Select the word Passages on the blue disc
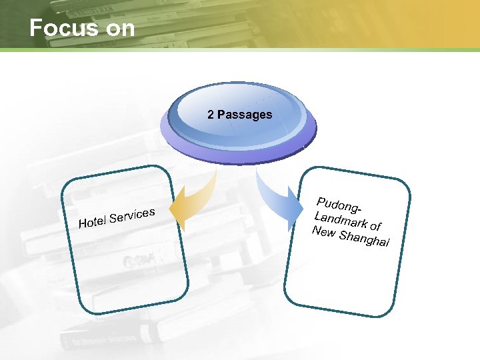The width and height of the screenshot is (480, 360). pyautogui.click(x=245, y=115)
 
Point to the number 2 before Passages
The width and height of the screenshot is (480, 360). pyautogui.click(x=211, y=115)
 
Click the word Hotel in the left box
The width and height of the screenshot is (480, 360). pyautogui.click(x=93, y=221)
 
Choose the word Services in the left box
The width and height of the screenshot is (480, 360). pyautogui.click(x=133, y=215)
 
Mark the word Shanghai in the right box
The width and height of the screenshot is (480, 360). pyautogui.click(x=364, y=239)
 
